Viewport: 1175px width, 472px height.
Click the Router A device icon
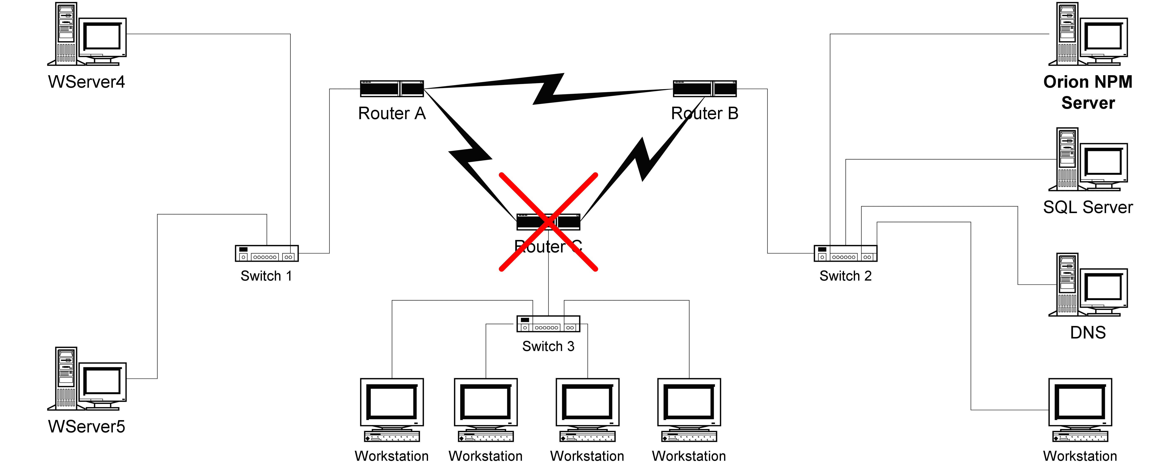(x=392, y=89)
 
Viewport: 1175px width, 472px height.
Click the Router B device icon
(x=705, y=89)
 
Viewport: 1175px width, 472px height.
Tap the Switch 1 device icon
(x=267, y=253)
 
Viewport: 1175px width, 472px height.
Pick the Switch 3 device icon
(x=548, y=324)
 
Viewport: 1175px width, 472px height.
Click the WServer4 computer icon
(x=87, y=34)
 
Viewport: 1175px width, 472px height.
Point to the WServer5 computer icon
(x=87, y=379)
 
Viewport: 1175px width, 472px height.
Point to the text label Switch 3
(x=548, y=346)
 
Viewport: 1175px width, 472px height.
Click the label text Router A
(x=392, y=113)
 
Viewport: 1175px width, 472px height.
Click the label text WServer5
(x=87, y=426)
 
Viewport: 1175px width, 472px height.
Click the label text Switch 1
(x=266, y=276)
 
